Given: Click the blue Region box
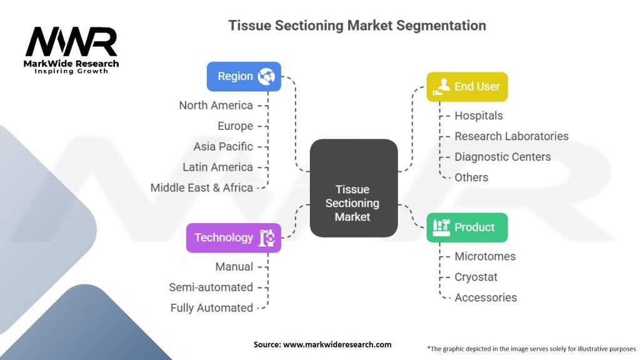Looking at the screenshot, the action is tap(244, 76).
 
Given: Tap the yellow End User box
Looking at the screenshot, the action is tap(467, 87).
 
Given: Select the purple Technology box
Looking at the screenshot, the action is tap(234, 237).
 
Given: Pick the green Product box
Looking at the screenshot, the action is tap(467, 227).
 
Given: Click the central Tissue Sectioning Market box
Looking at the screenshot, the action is tap(354, 188).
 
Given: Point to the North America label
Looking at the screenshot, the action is tap(216, 105).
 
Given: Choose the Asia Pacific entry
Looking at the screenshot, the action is tap(223, 146).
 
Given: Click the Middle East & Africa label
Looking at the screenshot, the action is tap(202, 187).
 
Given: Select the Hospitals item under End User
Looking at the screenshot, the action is tap(478, 116).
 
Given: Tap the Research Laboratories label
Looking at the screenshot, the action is tap(511, 136).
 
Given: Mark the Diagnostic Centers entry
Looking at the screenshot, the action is tap(502, 157).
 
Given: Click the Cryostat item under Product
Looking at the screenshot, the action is tap(476, 277).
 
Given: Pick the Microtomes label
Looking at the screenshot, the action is tap(485, 256).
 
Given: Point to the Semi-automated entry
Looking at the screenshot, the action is tap(211, 287).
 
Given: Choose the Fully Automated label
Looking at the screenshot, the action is tap(211, 307).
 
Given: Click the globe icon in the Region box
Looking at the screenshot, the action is tap(266, 76).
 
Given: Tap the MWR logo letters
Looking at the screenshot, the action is tap(71, 41).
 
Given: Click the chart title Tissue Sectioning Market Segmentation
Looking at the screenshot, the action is tap(357, 25).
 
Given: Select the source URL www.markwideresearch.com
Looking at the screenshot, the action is tap(337, 344).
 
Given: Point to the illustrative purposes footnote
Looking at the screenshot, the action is tap(531, 349).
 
